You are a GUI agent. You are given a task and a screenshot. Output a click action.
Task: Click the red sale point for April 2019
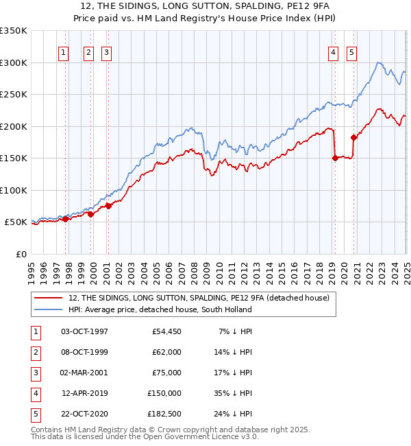pos(335,158)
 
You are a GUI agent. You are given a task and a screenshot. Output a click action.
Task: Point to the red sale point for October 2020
pos(354,137)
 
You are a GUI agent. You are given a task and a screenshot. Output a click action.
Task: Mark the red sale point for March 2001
pos(108,206)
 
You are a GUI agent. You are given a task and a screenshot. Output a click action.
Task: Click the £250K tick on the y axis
pos(14,94)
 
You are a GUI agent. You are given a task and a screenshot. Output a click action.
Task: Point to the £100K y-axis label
pos(14,190)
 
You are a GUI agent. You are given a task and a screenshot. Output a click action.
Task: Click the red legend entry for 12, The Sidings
pos(199,298)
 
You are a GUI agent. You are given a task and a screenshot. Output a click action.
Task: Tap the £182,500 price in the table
pos(164,414)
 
